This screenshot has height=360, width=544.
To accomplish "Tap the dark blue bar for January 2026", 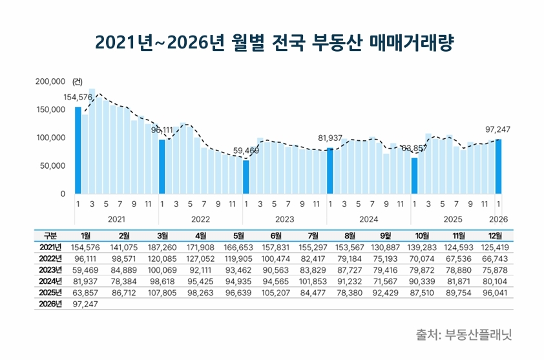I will coord(498,167).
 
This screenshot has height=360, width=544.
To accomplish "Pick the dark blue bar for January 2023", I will coord(246,177).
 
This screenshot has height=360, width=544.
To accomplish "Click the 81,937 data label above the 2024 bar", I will coord(330,138).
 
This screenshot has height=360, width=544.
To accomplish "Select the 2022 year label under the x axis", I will coord(200,219).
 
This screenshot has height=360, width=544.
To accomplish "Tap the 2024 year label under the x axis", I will coord(368,219).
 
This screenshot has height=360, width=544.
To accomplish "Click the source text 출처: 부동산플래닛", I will coord(465,335).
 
